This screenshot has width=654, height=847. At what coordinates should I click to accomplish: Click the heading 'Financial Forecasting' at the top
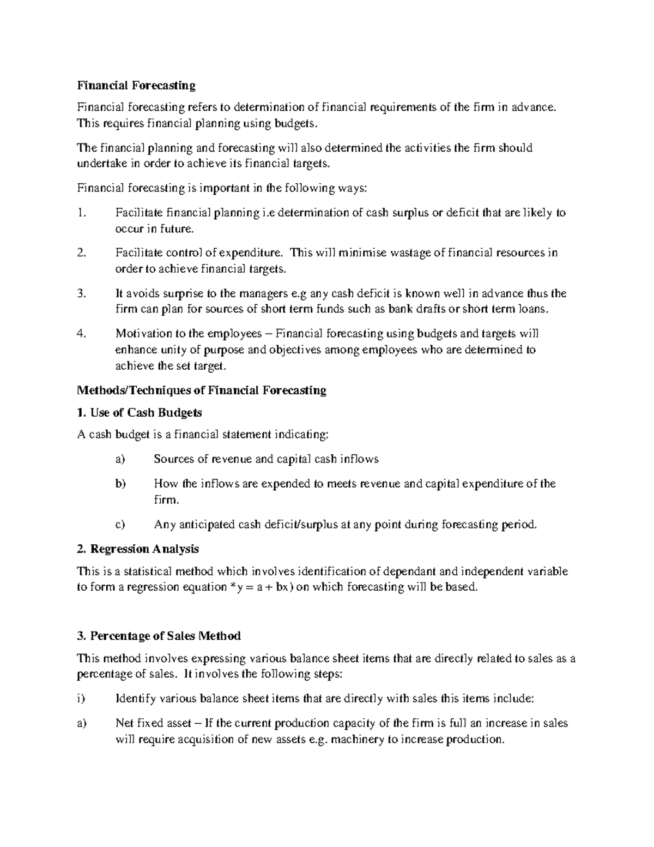click(x=136, y=85)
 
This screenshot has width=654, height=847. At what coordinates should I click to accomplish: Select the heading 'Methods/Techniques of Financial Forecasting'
click(x=202, y=390)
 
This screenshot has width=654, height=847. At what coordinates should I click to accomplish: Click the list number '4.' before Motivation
click(x=82, y=333)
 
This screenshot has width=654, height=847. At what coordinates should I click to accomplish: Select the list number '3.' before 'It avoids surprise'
click(x=82, y=293)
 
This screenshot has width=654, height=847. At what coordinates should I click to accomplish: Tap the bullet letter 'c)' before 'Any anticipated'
click(x=120, y=525)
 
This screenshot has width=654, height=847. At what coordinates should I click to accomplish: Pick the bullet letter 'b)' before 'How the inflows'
click(x=120, y=483)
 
